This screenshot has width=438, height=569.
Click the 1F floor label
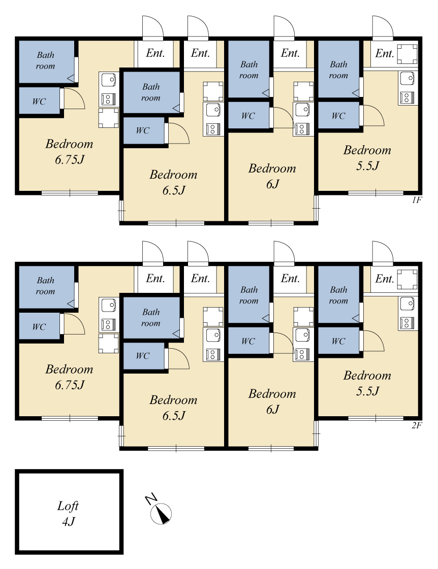(417, 200)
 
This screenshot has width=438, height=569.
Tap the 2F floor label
(417, 425)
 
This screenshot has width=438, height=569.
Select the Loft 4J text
(68, 514)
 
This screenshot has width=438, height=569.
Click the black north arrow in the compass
(164, 515)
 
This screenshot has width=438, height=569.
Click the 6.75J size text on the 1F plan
(70, 160)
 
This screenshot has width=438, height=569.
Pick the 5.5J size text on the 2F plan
(367, 391)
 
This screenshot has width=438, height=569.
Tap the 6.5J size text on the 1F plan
(174, 190)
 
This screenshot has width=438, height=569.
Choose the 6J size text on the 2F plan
(272, 410)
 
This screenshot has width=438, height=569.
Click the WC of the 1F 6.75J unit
(39, 101)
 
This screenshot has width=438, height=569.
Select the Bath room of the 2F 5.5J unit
(338, 294)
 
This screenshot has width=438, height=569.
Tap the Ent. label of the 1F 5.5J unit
(385, 54)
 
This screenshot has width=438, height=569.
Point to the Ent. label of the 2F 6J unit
(290, 279)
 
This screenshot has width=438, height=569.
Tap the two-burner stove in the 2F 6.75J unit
(108, 324)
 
